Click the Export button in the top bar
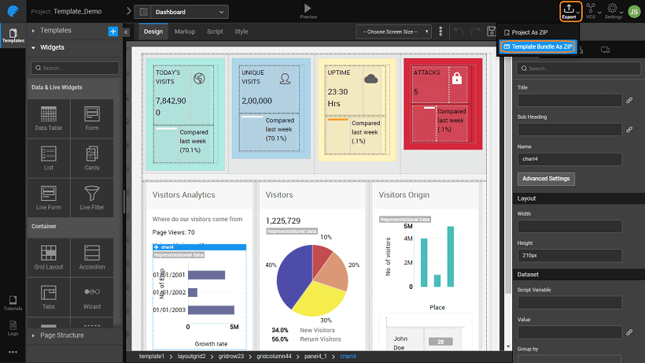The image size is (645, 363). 569,11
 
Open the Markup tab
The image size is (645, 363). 185,31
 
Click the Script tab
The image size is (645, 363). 215,31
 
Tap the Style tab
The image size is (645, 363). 241,31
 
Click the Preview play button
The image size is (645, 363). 308,9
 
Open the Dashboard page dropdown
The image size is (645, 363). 182,12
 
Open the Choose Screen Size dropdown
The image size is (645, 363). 393,31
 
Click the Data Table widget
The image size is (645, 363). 49,118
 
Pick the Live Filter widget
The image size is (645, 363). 92,197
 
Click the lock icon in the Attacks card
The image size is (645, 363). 455,78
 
